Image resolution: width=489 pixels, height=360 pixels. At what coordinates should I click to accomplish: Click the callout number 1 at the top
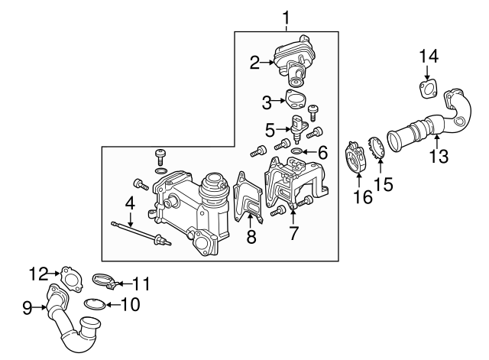coord(287,16)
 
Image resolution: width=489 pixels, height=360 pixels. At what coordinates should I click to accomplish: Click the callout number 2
coord(255,63)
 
